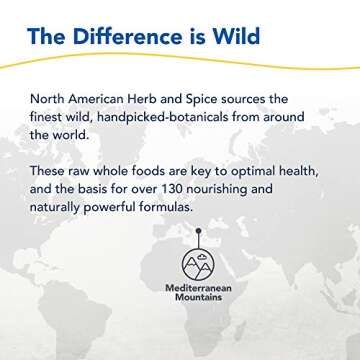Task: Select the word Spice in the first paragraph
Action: [x=236, y=99]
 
